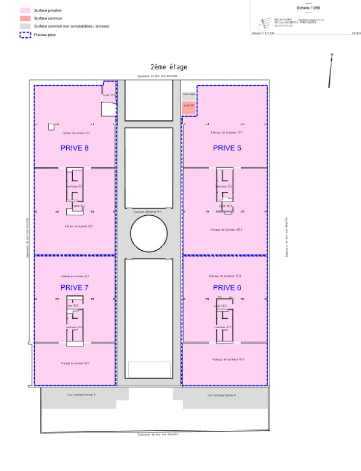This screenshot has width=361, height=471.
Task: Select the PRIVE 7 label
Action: pos(74,288)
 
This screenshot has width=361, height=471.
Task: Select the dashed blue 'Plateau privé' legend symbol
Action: pos(25,34)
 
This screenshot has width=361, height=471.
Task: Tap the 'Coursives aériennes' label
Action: pos(148,211)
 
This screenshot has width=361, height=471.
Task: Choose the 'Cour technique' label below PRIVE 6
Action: pos(222,394)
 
